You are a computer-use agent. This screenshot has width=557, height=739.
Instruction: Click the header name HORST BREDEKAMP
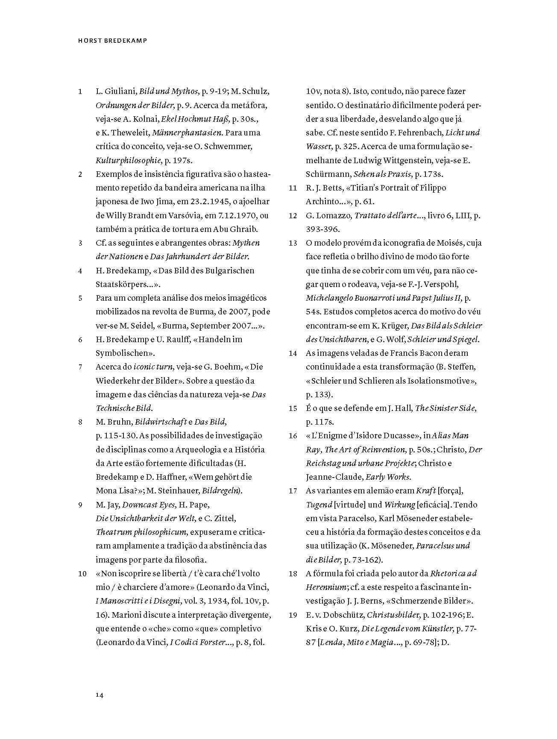(x=113, y=41)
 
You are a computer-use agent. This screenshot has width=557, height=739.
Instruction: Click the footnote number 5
(x=80, y=298)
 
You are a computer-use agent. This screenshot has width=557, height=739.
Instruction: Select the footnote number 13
(x=293, y=243)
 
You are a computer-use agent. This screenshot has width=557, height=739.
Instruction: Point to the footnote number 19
(x=293, y=615)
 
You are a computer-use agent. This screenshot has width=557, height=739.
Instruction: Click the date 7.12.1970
(x=236, y=215)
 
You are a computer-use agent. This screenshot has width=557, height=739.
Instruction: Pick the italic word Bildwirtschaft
(x=161, y=422)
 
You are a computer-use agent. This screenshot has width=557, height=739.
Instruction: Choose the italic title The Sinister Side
(x=446, y=408)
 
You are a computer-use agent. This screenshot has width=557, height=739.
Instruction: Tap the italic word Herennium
(x=326, y=587)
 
